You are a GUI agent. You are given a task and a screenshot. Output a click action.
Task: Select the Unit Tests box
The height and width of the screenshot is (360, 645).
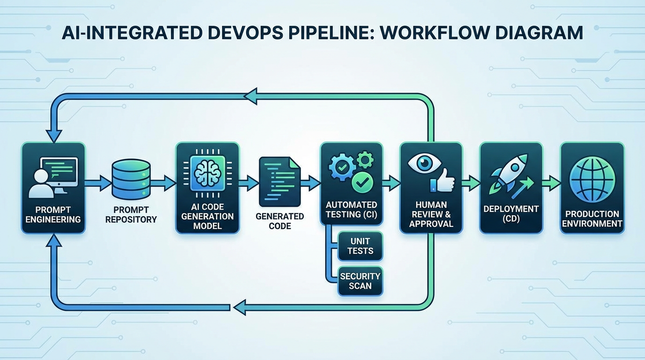click(x=360, y=246)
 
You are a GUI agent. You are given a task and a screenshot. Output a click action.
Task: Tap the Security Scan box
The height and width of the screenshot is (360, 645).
click(x=360, y=281)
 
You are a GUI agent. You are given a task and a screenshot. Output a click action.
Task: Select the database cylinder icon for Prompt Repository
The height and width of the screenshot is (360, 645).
click(x=131, y=179)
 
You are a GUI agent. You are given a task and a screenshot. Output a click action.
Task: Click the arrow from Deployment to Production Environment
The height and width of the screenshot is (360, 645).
click(x=552, y=183)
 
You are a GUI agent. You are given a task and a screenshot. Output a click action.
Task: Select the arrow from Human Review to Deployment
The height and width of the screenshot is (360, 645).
click(x=471, y=183)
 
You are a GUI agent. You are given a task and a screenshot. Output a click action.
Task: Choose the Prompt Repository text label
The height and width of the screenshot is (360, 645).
click(x=131, y=214)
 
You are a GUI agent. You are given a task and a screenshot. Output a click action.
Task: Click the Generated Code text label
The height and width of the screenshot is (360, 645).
click(x=280, y=221)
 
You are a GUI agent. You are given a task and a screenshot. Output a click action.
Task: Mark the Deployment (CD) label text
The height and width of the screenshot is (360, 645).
click(x=511, y=213)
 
